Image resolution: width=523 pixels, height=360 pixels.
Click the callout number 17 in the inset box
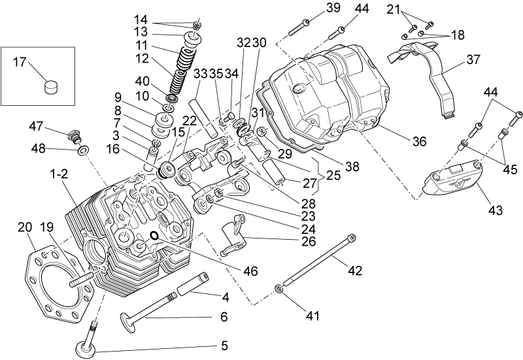(20, 61)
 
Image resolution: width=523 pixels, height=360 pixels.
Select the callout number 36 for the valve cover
(419, 141)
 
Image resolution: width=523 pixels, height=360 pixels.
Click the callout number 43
(495, 210)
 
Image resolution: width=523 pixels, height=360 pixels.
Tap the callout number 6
(224, 316)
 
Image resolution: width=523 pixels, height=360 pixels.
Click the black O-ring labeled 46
(154, 236)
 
